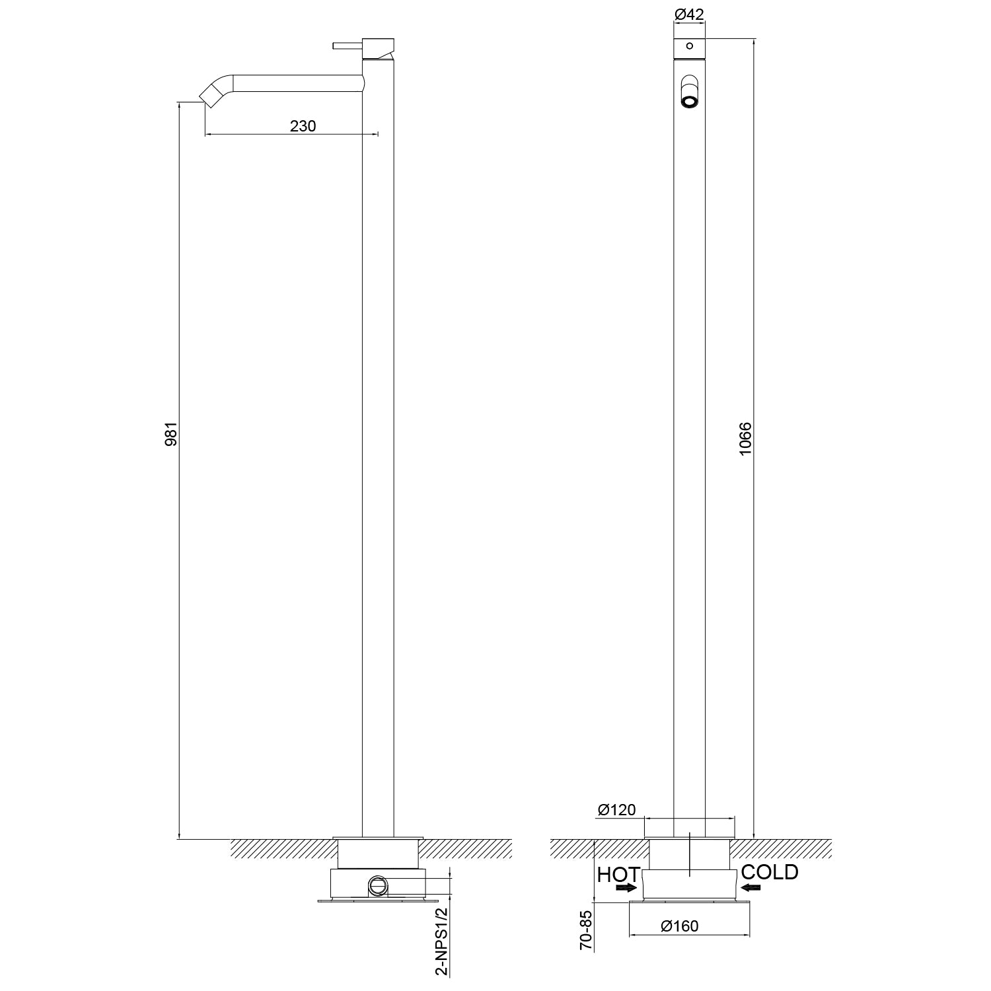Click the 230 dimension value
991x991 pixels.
[303, 126]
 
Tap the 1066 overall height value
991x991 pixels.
[745, 439]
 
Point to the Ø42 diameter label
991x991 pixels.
[688, 13]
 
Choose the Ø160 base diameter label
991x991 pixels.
[679, 926]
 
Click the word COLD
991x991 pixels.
[770, 872]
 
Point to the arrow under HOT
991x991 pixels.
[626, 889]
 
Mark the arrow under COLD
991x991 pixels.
[751, 887]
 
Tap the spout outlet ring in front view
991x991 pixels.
[689, 102]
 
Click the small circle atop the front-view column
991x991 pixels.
[689, 46]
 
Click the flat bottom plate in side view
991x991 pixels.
[378, 900]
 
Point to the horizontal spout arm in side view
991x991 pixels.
[297, 83]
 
